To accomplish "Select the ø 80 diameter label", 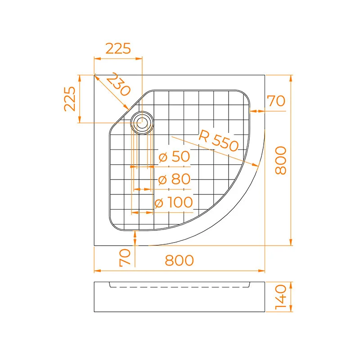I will pyautogui.click(x=175, y=179).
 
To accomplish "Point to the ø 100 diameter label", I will pyautogui.click(x=174, y=202).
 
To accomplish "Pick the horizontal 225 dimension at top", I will pyautogui.click(x=118, y=48).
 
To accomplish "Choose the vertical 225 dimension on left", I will pyautogui.click(x=69, y=99).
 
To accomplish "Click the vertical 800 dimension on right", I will pyautogui.click(x=280, y=161).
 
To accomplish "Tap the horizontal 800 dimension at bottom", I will pyautogui.click(x=179, y=260).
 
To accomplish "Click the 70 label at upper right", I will pyautogui.click(x=276, y=101).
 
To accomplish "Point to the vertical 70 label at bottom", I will pyautogui.click(x=125, y=257).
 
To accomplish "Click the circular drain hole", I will pyautogui.click(x=141, y=121).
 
